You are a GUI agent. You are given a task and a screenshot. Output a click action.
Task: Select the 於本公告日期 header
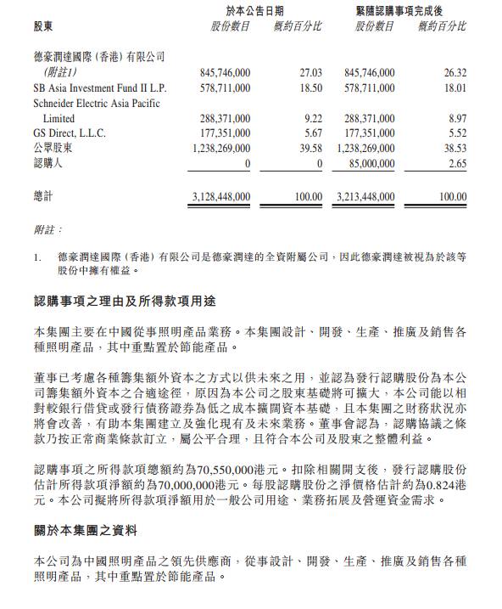tap(255, 10)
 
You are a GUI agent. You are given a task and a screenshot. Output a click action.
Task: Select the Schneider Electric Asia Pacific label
tap(95, 103)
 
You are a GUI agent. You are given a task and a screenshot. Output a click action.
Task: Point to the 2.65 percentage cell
tap(456, 164)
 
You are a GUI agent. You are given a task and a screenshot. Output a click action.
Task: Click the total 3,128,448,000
tap(217, 196)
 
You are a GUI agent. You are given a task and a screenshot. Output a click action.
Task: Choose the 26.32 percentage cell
tap(455, 73)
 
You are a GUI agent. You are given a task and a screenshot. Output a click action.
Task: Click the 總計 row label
tap(42, 196)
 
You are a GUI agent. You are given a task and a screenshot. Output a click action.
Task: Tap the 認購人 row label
tap(47, 164)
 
